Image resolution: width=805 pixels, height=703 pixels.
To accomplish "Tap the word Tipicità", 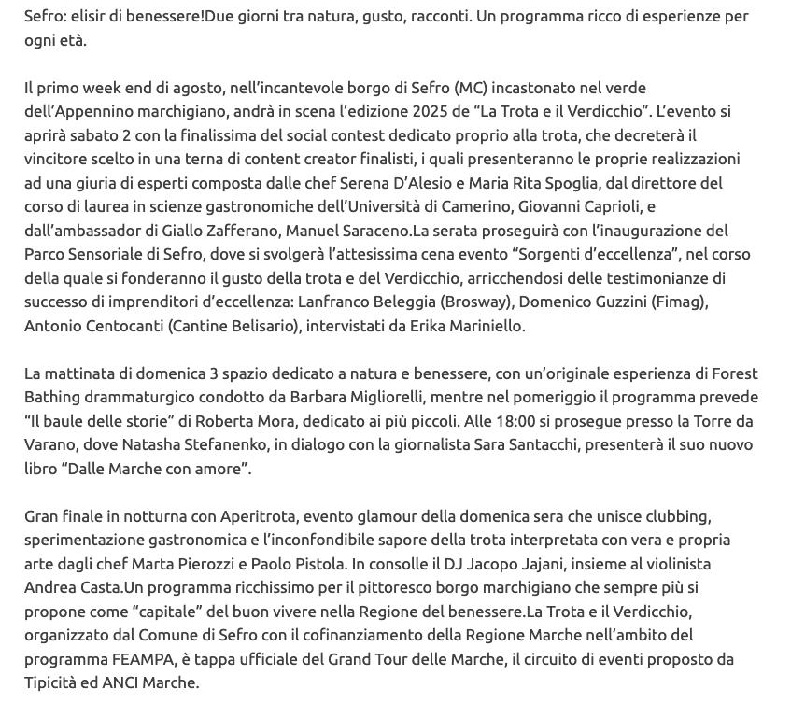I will click(53, 682).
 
